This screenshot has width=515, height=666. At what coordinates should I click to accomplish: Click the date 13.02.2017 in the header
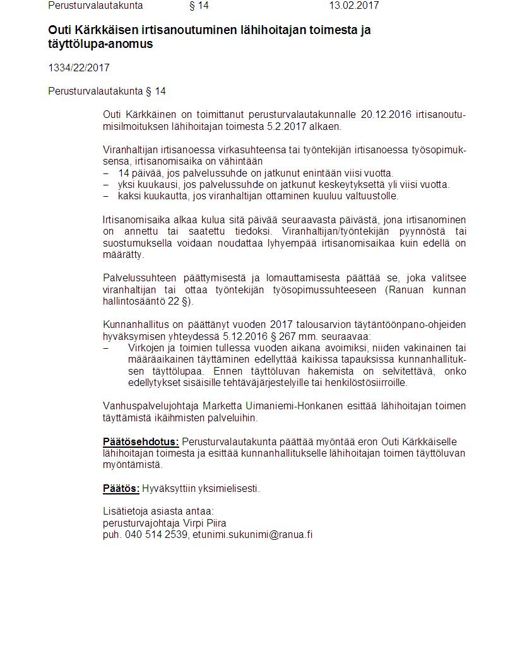[353, 6]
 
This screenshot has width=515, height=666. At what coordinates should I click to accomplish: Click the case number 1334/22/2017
[74, 68]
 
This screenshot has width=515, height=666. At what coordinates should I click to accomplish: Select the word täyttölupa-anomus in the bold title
[100, 45]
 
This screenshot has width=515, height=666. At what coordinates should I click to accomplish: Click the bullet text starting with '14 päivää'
[256, 173]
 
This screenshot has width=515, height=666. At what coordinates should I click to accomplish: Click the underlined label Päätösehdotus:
[141, 441]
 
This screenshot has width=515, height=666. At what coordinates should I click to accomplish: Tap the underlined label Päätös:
[121, 488]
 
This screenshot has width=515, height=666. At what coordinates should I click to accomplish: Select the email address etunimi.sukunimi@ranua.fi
[253, 535]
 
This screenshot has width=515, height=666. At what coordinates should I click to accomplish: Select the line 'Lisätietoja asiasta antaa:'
[158, 511]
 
